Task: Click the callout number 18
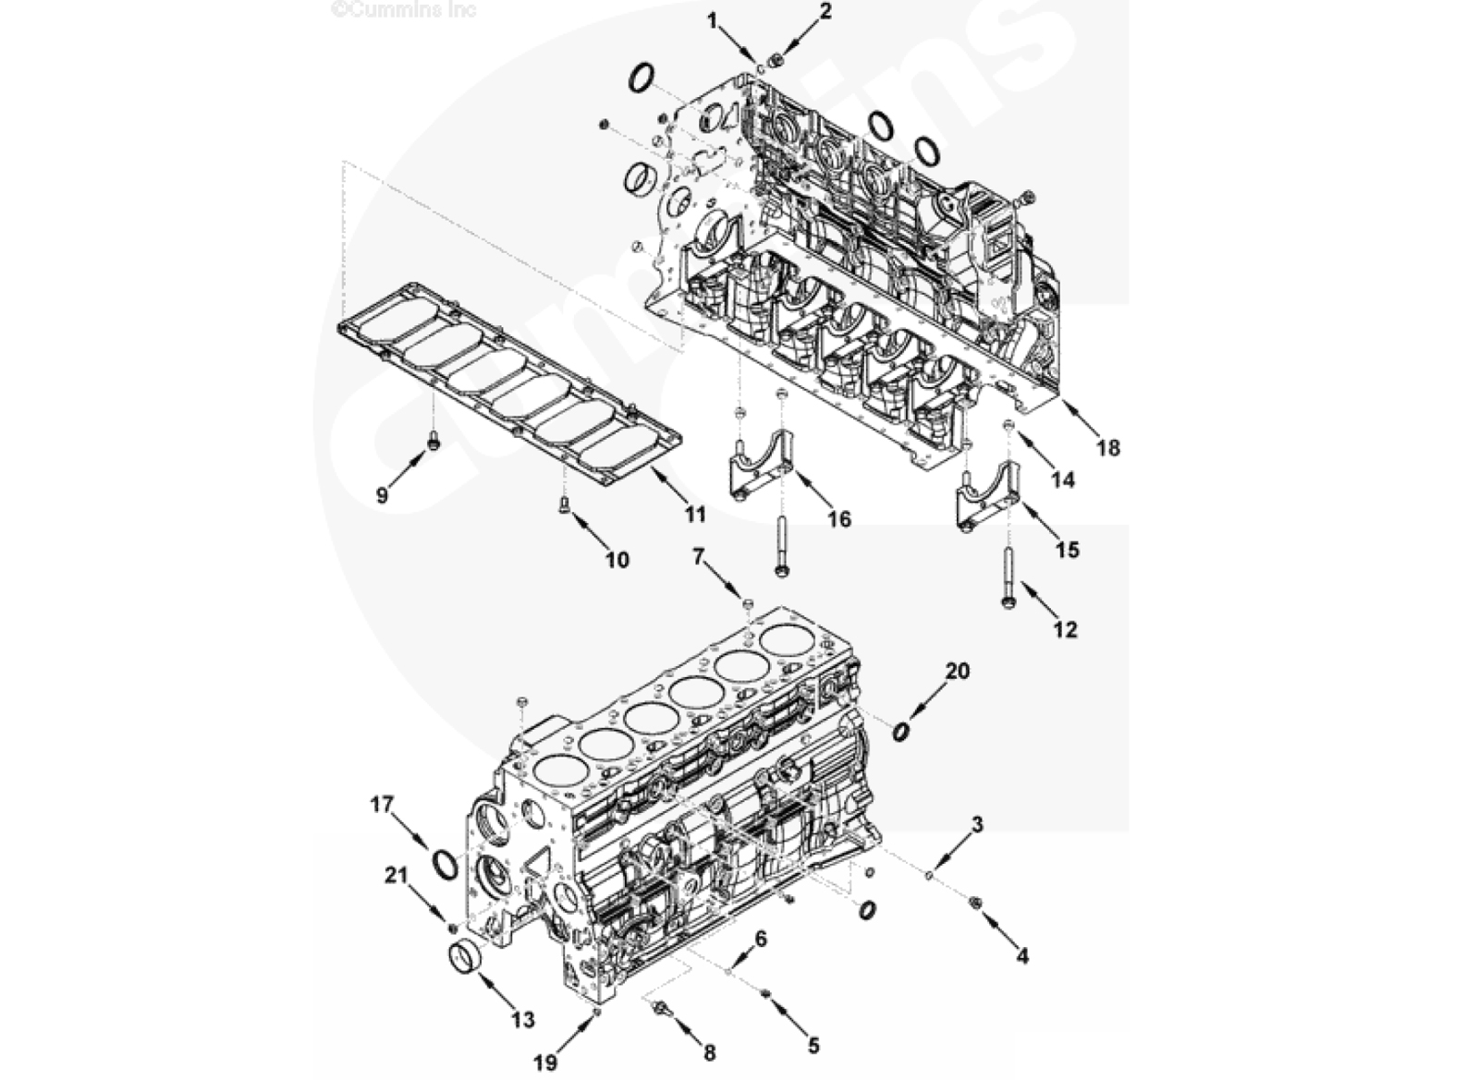[x=1108, y=448]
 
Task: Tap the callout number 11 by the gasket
[x=694, y=514]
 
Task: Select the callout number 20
[x=958, y=671]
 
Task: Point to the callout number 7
[x=699, y=557]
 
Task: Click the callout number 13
[x=523, y=1021]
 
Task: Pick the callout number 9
[x=382, y=495]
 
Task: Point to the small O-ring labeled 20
[x=901, y=732]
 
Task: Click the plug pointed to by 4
[x=974, y=902]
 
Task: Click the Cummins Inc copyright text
[x=403, y=9]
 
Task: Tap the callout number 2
[x=826, y=11]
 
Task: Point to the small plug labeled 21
[x=453, y=928]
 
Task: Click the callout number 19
[x=545, y=1062]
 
